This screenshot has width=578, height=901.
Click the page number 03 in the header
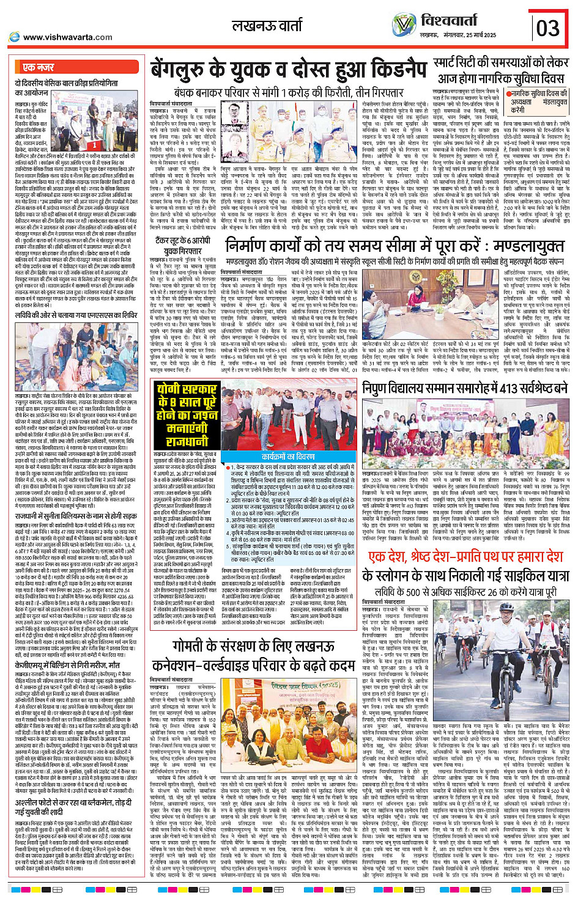(548, 28)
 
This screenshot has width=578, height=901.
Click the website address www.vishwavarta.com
(67, 37)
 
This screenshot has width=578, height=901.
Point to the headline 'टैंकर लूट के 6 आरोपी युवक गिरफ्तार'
(182, 246)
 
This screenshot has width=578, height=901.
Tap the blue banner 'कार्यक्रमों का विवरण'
(289, 457)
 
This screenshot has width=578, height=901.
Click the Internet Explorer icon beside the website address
(14, 37)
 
